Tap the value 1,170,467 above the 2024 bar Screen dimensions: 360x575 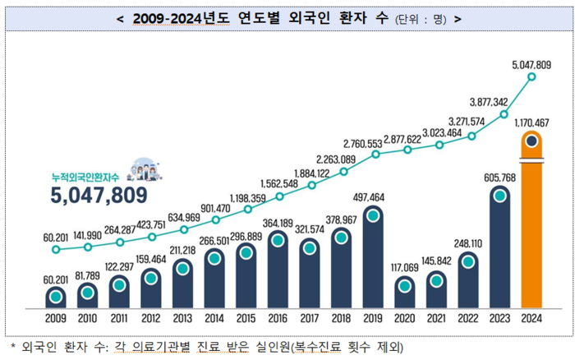(531, 122)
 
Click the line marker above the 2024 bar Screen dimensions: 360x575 (532, 77)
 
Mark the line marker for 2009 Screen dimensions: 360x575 (56, 249)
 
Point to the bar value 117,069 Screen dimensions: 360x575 (405, 268)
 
